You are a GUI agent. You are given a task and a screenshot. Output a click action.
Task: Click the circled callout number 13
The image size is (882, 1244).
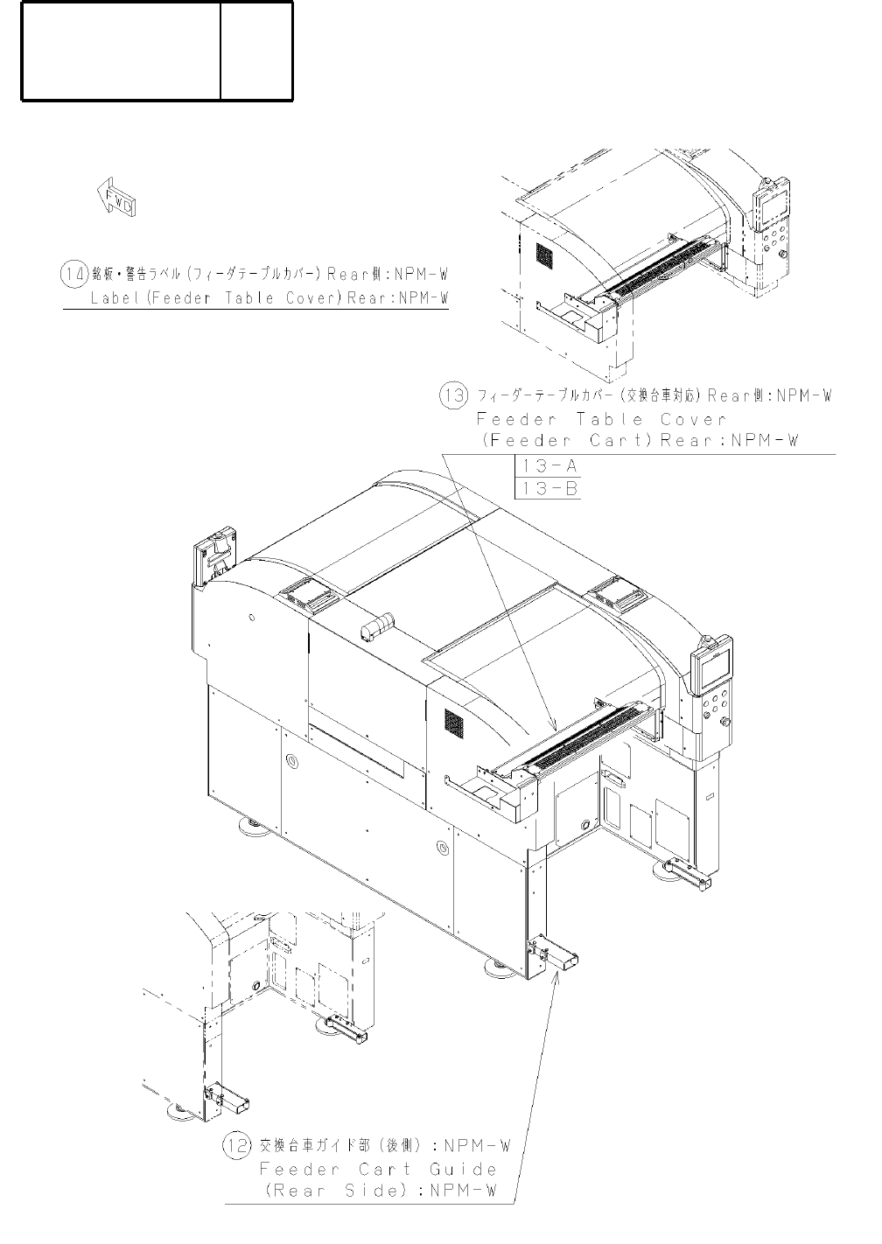click(x=454, y=395)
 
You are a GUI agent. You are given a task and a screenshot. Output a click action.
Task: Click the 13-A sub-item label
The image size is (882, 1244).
click(x=548, y=465)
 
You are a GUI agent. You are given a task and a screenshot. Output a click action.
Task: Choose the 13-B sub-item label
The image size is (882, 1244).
click(x=548, y=488)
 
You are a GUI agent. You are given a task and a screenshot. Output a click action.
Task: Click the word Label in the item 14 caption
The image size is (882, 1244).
click(x=116, y=297)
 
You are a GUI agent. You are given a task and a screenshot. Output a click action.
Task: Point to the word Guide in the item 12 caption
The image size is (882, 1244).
click(x=463, y=1169)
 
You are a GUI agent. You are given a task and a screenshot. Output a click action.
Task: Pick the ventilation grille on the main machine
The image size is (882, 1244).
click(x=453, y=721)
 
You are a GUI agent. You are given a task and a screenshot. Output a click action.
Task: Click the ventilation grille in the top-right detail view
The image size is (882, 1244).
click(x=545, y=256)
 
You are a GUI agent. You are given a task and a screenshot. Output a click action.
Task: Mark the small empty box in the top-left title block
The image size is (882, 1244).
click(x=256, y=51)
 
